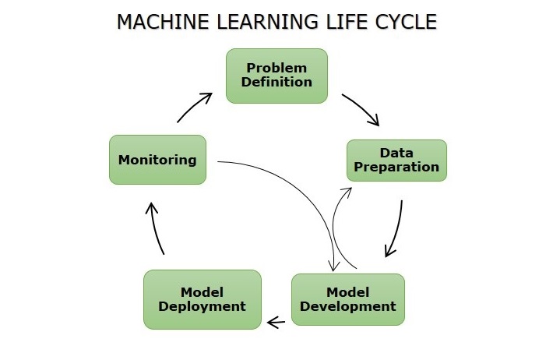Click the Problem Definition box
tap(276, 76)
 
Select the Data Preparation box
tap(396, 160)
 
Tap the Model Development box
tap(347, 299)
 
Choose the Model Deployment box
tap(202, 299)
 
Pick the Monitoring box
tap(157, 160)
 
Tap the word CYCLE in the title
tap(405, 23)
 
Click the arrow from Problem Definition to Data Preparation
tap(361, 109)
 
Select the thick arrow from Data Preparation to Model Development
tap(397, 230)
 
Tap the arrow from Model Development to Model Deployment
tap(276, 320)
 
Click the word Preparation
tap(396, 167)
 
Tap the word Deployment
tap(202, 306)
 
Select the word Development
tap(347, 306)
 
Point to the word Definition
tap(276, 82)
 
